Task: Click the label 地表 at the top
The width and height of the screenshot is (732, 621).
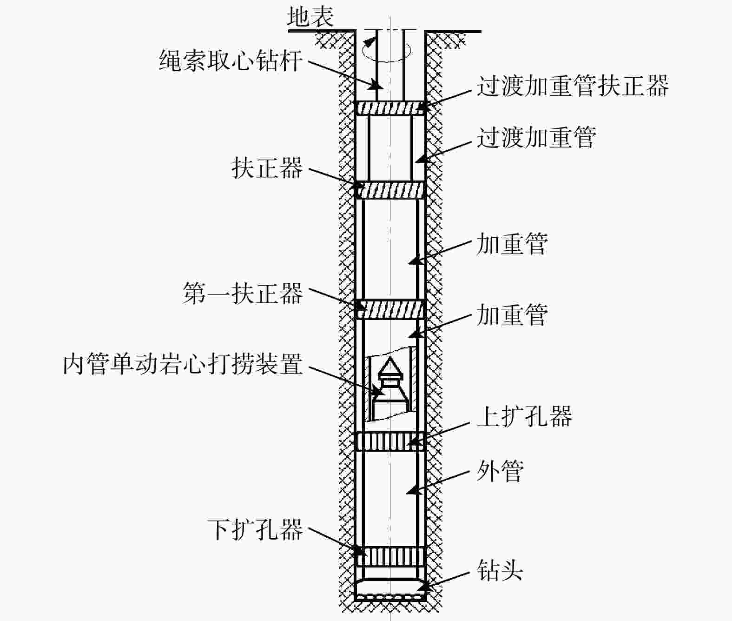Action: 310,17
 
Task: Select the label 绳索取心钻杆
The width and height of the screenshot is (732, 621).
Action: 231,60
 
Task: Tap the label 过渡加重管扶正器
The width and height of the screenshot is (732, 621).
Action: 573,86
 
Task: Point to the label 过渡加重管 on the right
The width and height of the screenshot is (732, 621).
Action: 536,137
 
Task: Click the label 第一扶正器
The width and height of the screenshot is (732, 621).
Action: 243,294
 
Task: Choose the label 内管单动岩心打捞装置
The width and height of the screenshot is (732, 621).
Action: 183,364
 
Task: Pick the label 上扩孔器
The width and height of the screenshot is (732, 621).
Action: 524,416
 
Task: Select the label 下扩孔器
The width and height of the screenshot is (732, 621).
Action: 255,529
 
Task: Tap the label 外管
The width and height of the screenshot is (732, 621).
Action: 500,471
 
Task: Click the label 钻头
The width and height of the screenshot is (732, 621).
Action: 500,570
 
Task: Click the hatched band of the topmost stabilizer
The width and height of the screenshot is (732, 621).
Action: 389,108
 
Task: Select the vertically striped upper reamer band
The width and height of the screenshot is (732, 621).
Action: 389,441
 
